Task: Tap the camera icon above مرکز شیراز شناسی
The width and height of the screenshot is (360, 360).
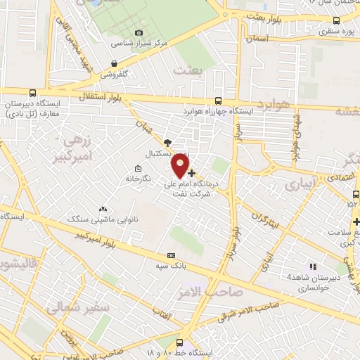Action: pyautogui.click(x=139, y=32)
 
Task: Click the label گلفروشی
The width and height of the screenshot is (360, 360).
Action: pyautogui.click(x=115, y=73)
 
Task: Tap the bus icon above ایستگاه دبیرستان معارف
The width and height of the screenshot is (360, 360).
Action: pyautogui.click(x=32, y=93)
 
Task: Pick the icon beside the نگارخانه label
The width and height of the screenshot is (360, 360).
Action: pyautogui.click(x=137, y=169)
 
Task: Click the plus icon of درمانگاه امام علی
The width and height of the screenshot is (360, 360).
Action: pyautogui.click(x=191, y=172)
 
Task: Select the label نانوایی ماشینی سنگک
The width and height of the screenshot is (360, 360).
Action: pyautogui.click(x=94, y=219)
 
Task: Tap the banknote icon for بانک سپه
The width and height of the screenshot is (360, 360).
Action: pyautogui.click(x=171, y=256)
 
